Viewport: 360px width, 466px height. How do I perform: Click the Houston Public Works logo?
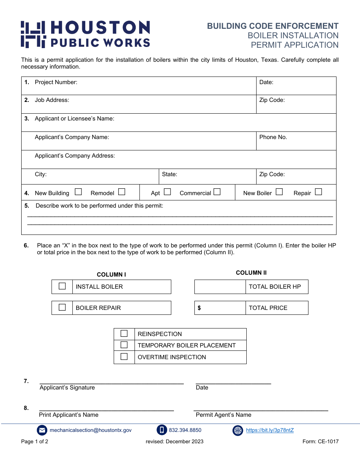coord(85,34)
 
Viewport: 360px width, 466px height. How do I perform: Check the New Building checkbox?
coord(78,192)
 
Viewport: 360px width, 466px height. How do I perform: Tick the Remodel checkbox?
coord(122,192)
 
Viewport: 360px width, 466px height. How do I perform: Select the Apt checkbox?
coord(167,192)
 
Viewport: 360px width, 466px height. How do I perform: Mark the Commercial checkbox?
coord(217,192)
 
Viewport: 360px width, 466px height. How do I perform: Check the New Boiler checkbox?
coord(279,192)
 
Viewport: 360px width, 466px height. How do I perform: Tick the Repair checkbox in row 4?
coord(318,192)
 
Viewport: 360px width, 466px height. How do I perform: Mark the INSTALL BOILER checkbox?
coord(62,286)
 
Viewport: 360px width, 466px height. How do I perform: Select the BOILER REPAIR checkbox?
coord(62,308)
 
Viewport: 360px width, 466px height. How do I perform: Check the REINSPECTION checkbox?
coord(124,334)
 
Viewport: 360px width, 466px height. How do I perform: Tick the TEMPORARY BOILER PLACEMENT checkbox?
coord(124,345)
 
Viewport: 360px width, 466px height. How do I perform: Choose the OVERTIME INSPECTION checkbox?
coord(124,357)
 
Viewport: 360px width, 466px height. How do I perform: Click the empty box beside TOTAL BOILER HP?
coord(220,287)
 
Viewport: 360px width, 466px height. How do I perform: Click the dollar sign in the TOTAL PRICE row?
coord(199,308)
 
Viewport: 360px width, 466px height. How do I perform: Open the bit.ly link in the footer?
coord(270,430)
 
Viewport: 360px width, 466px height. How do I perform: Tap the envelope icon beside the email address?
coord(42,430)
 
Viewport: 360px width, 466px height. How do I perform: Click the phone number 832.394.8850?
coord(185,430)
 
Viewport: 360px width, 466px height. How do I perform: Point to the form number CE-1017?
coord(320,441)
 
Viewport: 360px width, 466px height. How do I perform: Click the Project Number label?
coord(56,82)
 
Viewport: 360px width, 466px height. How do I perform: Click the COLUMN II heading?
coord(251,273)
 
